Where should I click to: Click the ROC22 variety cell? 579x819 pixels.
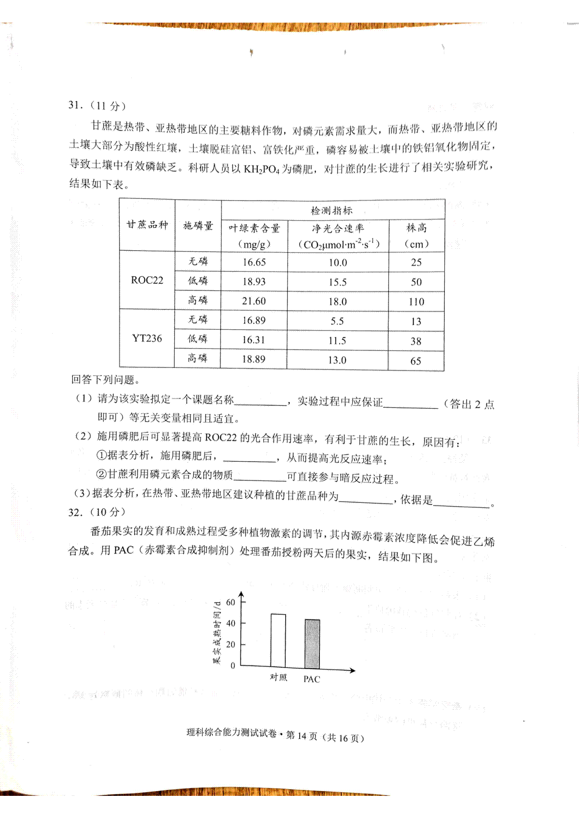pyautogui.click(x=147, y=280)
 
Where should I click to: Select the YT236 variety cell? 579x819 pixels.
pyautogui.click(x=147, y=338)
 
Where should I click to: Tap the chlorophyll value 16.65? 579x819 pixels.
pyautogui.click(x=254, y=262)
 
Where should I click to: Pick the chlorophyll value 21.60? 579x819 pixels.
pyautogui.click(x=254, y=301)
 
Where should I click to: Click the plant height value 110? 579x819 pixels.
pyautogui.click(x=416, y=302)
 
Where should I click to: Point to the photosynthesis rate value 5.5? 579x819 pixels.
pyautogui.click(x=337, y=321)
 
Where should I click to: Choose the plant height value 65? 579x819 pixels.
pyautogui.click(x=415, y=361)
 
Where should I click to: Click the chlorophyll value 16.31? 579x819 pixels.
pyautogui.click(x=253, y=340)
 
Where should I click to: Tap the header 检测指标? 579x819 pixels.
pyautogui.click(x=331, y=211)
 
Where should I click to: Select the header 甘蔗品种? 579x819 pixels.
pyautogui.click(x=147, y=225)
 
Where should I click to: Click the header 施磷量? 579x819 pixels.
pyautogui.click(x=198, y=225)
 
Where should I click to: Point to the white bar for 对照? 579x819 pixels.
pyautogui.click(x=278, y=640)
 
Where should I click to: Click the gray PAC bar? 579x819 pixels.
pyautogui.click(x=312, y=643)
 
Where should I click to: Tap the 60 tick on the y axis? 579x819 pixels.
pyautogui.click(x=231, y=602)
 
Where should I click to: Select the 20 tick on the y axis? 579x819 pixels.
pyautogui.click(x=231, y=644)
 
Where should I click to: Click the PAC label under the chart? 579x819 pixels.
pyautogui.click(x=312, y=679)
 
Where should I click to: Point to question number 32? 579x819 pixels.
pyautogui.click(x=76, y=512)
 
